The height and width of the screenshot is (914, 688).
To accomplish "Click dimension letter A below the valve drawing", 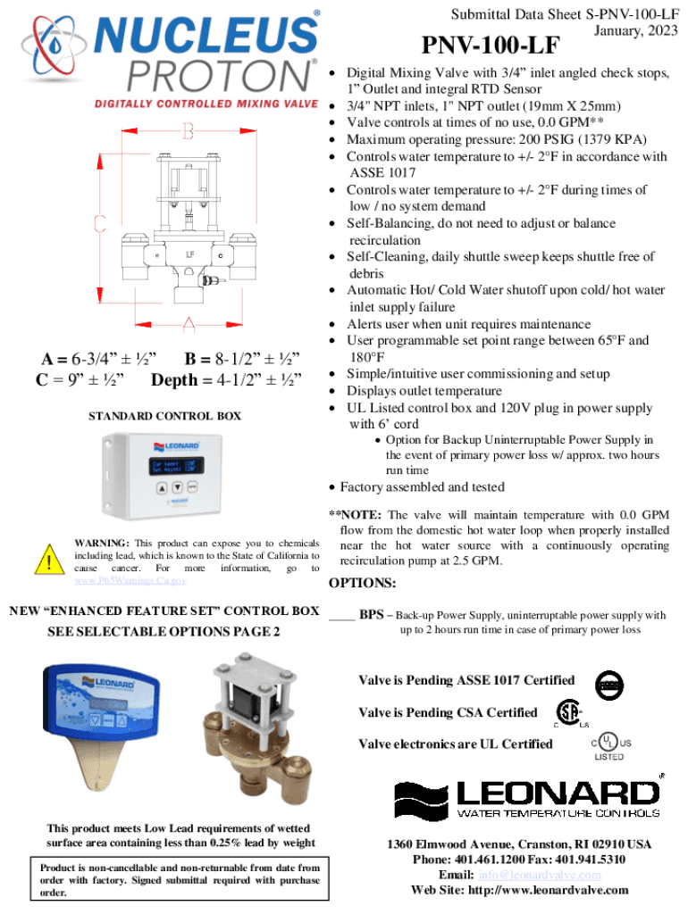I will pyautogui.click(x=189, y=323).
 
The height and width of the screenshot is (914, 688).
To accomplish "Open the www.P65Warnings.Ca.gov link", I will pyautogui.click(x=130, y=581).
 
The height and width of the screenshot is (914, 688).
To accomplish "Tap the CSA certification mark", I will pyautogui.click(x=566, y=713).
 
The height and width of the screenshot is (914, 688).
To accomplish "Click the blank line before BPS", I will pyautogui.click(x=342, y=615).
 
